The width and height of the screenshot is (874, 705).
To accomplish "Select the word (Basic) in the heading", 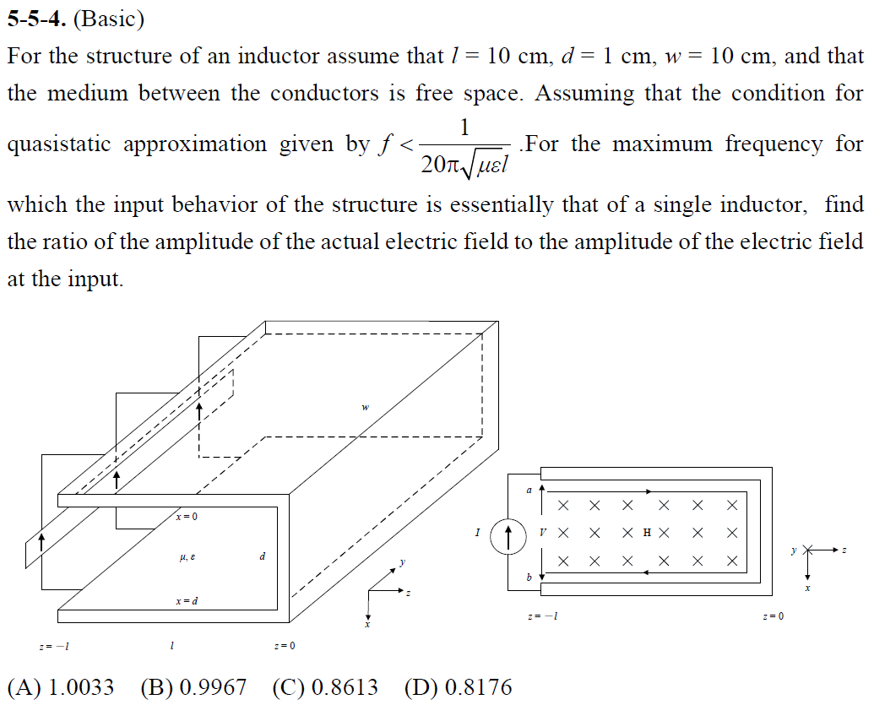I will (x=109, y=17).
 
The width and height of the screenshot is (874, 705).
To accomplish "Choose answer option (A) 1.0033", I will (x=60, y=687).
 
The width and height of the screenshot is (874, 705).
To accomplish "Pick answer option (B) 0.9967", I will (x=194, y=687).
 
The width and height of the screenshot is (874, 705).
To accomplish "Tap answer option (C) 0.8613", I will (x=326, y=687).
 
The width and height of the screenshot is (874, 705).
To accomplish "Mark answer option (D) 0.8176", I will (x=459, y=687).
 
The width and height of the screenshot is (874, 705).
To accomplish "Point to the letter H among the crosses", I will (x=647, y=533).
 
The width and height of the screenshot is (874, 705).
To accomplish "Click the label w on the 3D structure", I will (x=365, y=407).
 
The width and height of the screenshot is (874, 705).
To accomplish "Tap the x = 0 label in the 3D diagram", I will (x=187, y=516).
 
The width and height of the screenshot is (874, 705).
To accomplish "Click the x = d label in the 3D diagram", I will (x=187, y=601).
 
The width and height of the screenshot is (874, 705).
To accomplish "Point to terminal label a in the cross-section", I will (x=529, y=490).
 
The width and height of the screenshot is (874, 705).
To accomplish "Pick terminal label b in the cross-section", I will (x=529, y=578).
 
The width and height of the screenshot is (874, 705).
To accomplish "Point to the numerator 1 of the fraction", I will (x=464, y=127).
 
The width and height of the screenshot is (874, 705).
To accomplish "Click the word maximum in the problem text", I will (x=662, y=144).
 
